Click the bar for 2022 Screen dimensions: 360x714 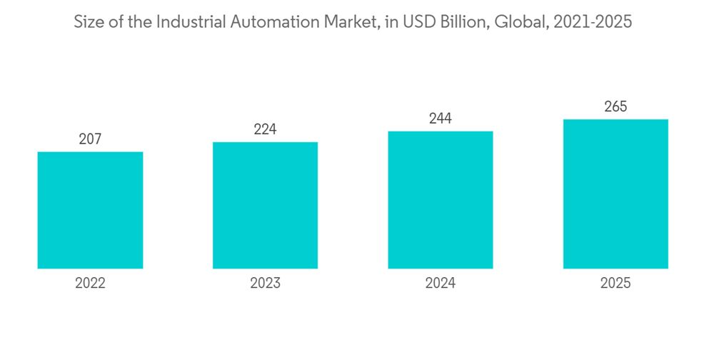point(90,210)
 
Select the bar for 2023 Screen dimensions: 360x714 point(265,205)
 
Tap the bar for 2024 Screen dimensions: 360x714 point(441,200)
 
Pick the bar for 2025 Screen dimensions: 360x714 point(615,194)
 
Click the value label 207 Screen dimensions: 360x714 point(90,139)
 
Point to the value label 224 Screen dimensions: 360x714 point(265,129)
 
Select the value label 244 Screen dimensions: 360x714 point(441,119)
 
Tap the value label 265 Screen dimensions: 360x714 point(615,107)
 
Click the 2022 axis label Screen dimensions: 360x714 point(90,283)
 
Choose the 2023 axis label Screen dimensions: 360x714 point(265,283)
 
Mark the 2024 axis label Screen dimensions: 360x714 point(441,283)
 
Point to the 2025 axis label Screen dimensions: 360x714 point(615,283)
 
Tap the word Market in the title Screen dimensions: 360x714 point(344,22)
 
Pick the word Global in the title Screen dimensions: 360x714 point(512,22)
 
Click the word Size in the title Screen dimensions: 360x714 point(89,22)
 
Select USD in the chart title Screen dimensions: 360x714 point(415,22)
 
